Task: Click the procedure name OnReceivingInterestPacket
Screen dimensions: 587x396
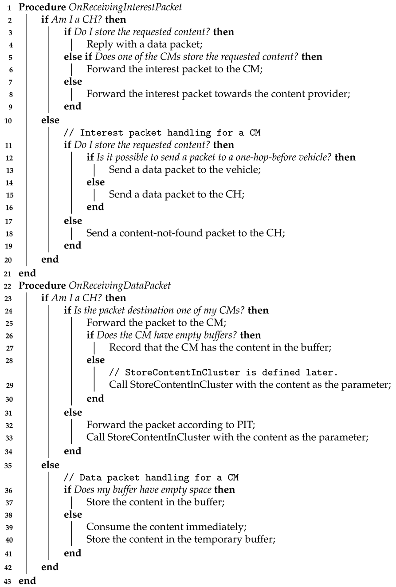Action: coord(120,8)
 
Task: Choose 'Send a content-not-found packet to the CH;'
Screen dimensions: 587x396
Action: coord(185,233)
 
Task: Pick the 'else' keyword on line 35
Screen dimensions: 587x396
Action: coord(50,465)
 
